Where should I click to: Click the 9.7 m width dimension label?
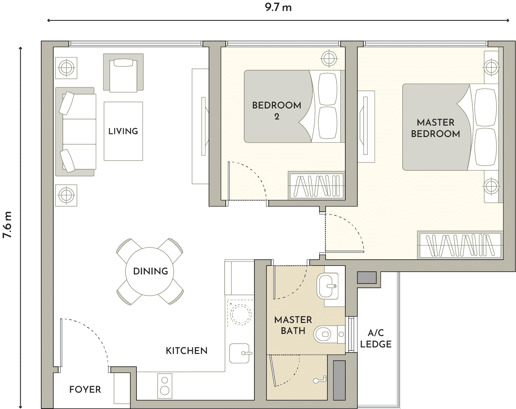click(x=278, y=8)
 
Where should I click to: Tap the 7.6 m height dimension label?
click(x=7, y=225)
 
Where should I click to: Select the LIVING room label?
click(x=123, y=131)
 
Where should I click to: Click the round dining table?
click(x=150, y=271)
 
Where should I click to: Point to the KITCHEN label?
click(x=187, y=351)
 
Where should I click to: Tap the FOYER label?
click(x=85, y=389)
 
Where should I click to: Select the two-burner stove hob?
click(x=165, y=386)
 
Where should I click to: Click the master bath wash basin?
click(x=327, y=286)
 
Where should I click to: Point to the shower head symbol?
click(x=320, y=380)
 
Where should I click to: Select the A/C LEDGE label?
click(x=376, y=339)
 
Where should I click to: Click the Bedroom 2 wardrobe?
click(x=317, y=186)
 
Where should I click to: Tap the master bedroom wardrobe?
click(x=460, y=245)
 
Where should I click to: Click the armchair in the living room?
click(x=123, y=73)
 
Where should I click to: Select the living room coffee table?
click(x=123, y=131)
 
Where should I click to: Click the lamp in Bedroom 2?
click(x=329, y=58)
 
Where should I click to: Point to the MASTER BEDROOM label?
click(x=435, y=128)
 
